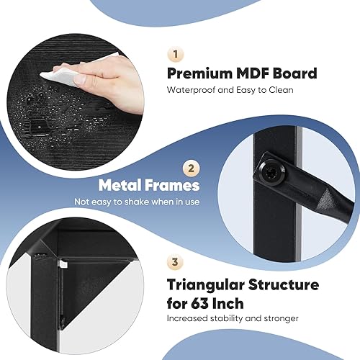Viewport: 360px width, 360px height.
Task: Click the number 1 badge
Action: [174, 53]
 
